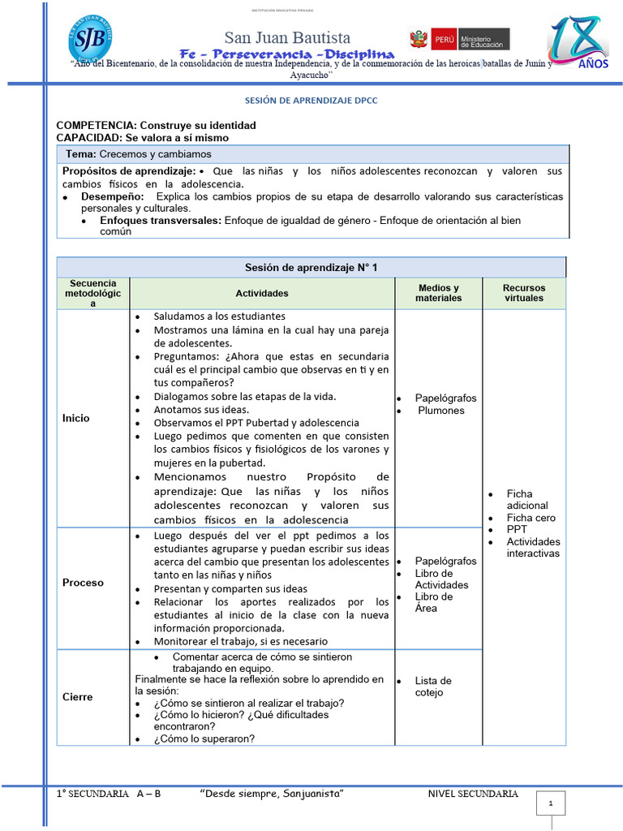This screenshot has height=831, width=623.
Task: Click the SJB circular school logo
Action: pyautogui.click(x=90, y=40)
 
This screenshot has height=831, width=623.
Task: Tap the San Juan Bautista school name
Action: pyautogui.click(x=287, y=37)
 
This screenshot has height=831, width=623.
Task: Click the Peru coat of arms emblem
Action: pyautogui.click(x=418, y=39)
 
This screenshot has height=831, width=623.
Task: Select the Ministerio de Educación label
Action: pyautogui.click(x=481, y=39)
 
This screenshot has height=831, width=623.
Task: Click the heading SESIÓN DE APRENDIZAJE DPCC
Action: pyautogui.click(x=311, y=101)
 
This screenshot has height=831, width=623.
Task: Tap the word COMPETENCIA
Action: pyautogui.click(x=96, y=126)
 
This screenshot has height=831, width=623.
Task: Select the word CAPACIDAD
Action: pyautogui.click(x=88, y=138)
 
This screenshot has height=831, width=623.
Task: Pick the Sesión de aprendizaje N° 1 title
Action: pyautogui.click(x=311, y=267)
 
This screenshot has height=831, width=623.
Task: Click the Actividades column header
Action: pyautogui.click(x=262, y=294)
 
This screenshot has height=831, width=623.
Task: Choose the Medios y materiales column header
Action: pyautogui.click(x=438, y=293)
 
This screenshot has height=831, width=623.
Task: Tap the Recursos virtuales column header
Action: pyautogui.click(x=523, y=293)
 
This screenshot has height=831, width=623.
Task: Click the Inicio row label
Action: pyautogui.click(x=76, y=418)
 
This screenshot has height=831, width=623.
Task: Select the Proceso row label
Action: pyautogui.click(x=83, y=583)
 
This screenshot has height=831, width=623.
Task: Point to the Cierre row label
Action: pyautogui.click(x=78, y=697)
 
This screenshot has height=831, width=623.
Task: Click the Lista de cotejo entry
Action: pyautogui.click(x=433, y=687)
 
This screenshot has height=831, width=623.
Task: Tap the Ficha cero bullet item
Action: pyautogui.click(x=531, y=518)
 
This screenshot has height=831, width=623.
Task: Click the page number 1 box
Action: pyautogui.click(x=551, y=803)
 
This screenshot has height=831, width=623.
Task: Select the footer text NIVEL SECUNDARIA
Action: pyautogui.click(x=472, y=794)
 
